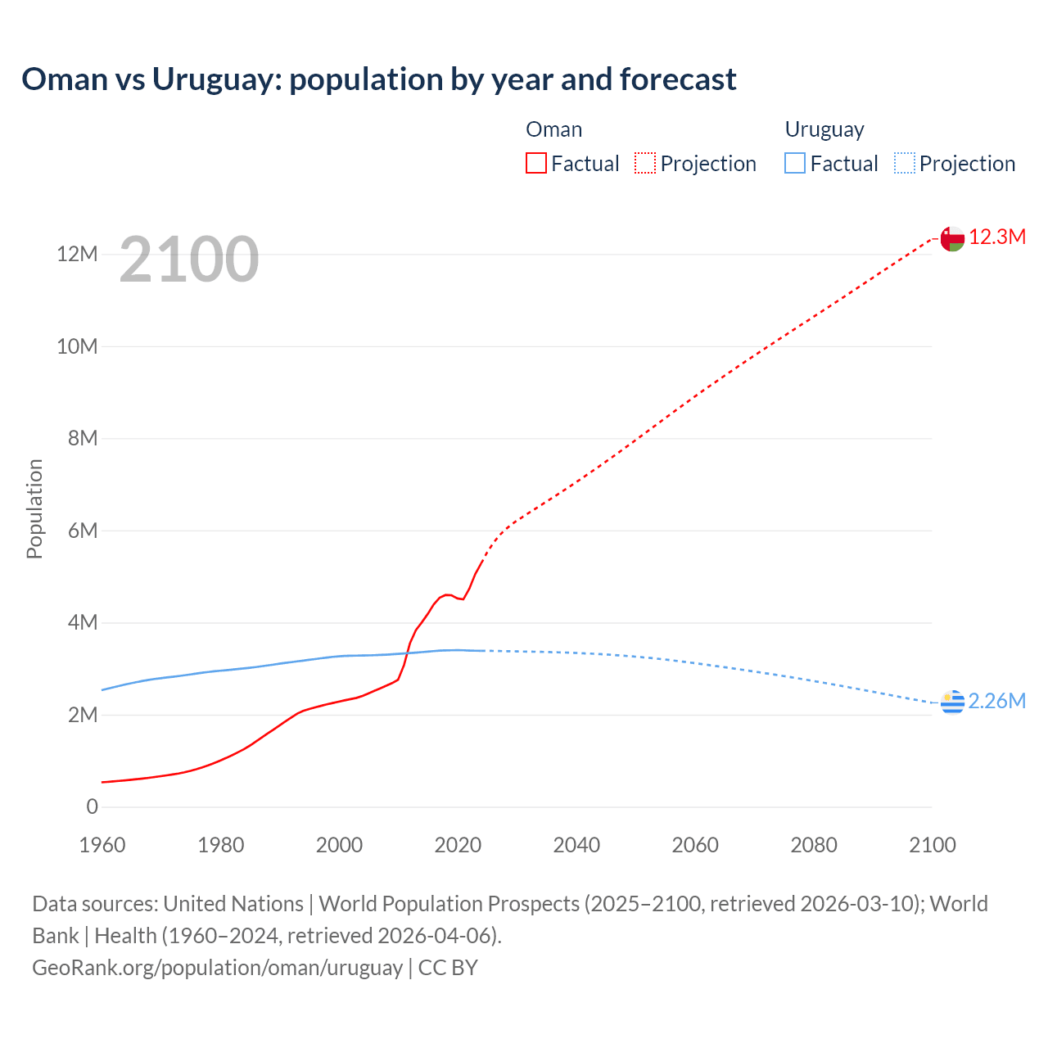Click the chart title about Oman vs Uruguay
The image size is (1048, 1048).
click(x=378, y=79)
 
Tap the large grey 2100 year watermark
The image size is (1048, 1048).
click(x=189, y=260)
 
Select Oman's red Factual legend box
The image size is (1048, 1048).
click(x=536, y=163)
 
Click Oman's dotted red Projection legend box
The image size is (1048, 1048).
click(x=645, y=163)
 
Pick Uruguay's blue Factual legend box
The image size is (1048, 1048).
click(x=795, y=163)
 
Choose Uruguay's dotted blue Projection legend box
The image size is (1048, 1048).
click(x=904, y=163)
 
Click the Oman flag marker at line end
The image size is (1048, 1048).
click(x=952, y=238)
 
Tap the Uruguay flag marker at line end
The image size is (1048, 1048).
click(x=952, y=702)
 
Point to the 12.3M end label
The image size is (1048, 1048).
click(x=997, y=237)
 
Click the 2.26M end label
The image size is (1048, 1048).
click(x=997, y=702)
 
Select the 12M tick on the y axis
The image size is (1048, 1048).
click(x=78, y=255)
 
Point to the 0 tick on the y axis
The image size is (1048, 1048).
click(x=92, y=807)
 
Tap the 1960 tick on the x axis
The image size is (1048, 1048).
click(x=102, y=846)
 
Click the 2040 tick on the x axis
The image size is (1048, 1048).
click(x=576, y=846)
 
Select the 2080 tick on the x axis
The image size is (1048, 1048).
click(x=814, y=846)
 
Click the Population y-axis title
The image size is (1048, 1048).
click(x=34, y=508)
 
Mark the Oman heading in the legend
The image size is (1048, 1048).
click(x=554, y=129)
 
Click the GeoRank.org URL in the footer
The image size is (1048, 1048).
click(x=217, y=968)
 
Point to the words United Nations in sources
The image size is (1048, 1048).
click(x=233, y=904)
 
